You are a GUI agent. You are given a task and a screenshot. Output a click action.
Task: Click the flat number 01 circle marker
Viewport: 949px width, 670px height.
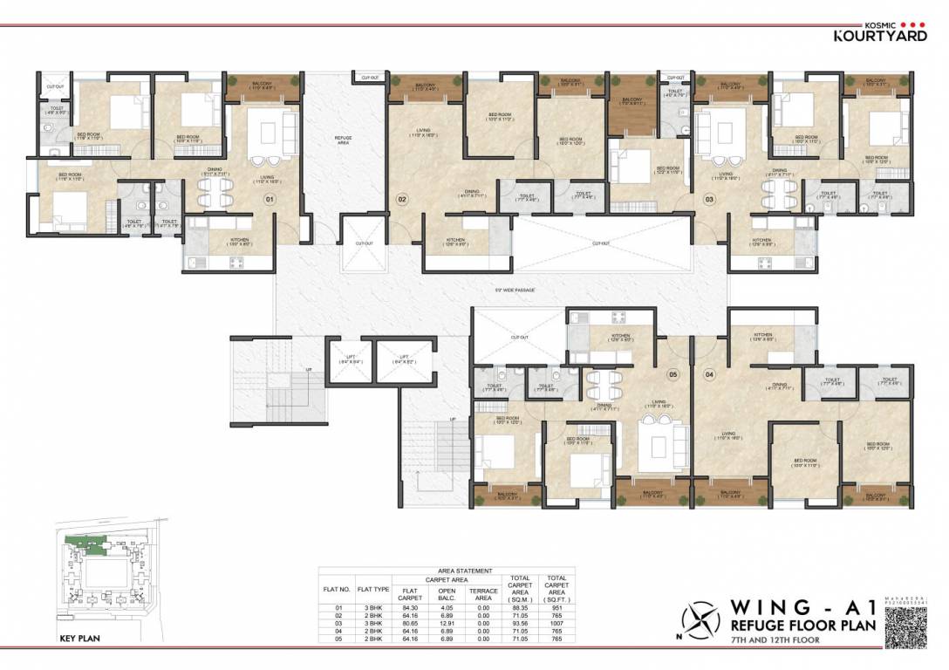(x=270, y=199)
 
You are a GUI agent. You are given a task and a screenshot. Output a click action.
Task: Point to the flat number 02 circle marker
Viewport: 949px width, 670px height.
(x=403, y=199)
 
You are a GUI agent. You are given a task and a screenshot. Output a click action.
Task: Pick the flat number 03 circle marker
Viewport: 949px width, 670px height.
(x=710, y=199)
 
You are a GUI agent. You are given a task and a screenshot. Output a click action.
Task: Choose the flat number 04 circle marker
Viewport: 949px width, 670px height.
(x=709, y=375)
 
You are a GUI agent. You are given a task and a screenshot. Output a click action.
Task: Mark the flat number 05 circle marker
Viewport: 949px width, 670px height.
(x=672, y=375)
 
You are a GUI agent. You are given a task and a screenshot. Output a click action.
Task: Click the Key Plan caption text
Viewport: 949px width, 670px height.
(x=79, y=639)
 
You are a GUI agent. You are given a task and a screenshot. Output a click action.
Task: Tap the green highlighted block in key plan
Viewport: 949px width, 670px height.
(x=86, y=543)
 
